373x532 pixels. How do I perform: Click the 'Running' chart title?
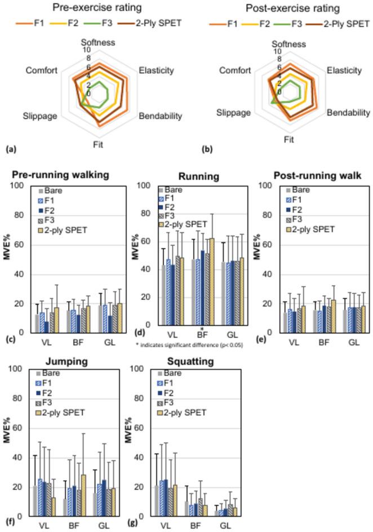click(198, 175)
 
